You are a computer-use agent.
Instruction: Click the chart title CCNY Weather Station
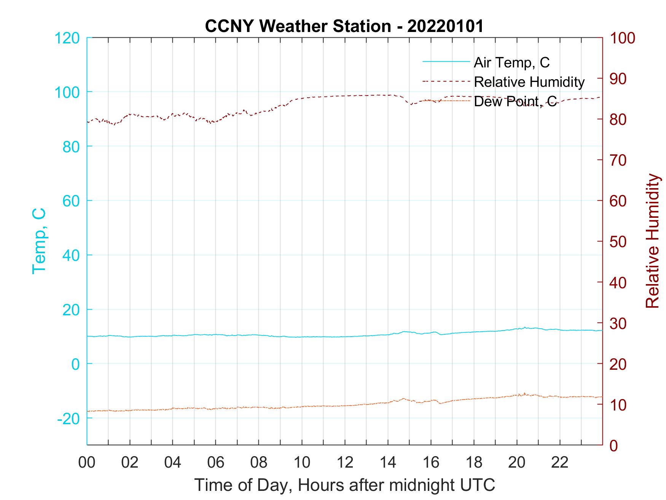pyautogui.click(x=344, y=26)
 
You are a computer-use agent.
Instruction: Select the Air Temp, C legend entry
pyautogui.click(x=511, y=62)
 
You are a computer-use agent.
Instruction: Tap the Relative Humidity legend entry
pyautogui.click(x=529, y=82)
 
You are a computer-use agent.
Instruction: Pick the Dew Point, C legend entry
pyautogui.click(x=515, y=101)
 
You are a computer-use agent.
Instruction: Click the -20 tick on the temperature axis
pyautogui.click(x=69, y=419)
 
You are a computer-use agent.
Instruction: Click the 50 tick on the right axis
pyautogui.click(x=618, y=242)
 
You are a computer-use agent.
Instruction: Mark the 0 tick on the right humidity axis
pyautogui.click(x=614, y=445)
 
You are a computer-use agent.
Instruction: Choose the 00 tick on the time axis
pyautogui.click(x=87, y=463)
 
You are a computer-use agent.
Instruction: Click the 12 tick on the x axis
pyautogui.click(x=345, y=463)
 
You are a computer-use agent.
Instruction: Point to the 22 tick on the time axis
pyautogui.click(x=560, y=463)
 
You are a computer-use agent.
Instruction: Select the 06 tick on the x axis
pyautogui.click(x=216, y=463)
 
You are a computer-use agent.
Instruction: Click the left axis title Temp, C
pyautogui.click(x=39, y=241)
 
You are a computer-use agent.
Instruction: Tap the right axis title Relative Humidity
pyautogui.click(x=652, y=241)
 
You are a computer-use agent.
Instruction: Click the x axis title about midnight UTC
pyautogui.click(x=345, y=485)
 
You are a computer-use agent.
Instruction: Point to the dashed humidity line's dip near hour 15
pyautogui.click(x=411, y=104)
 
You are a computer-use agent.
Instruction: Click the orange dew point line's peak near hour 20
pyautogui.click(x=524, y=393)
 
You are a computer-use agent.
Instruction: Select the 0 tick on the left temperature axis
pyautogui.click(x=75, y=364)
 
